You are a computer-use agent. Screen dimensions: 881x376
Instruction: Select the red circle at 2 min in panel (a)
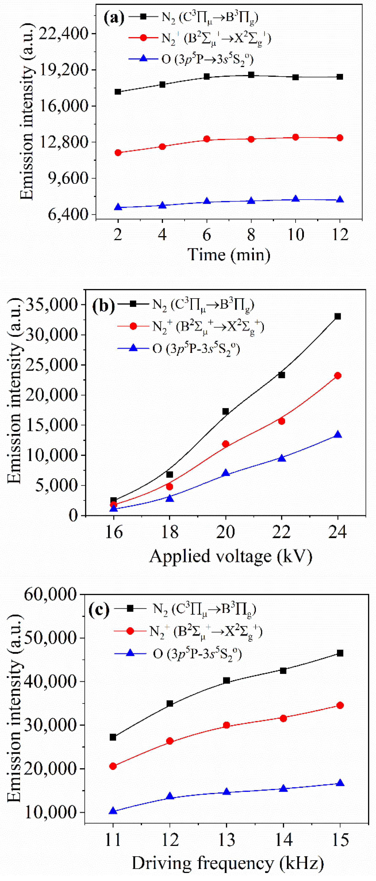tap(118, 153)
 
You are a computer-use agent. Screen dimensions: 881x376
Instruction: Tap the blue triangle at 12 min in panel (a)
tap(340, 199)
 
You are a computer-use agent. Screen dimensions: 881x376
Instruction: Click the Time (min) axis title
tap(229, 255)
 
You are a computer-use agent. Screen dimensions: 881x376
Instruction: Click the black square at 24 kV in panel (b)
tap(338, 316)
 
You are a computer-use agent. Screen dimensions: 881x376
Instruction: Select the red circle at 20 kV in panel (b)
tap(226, 444)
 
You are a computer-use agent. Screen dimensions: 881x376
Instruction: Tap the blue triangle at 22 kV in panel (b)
tap(282, 458)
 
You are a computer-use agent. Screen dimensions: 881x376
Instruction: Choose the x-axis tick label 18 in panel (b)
tap(170, 532)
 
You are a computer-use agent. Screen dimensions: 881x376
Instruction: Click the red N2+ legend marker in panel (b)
tap(133, 326)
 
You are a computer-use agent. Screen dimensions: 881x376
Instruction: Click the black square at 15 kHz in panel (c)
tap(340, 653)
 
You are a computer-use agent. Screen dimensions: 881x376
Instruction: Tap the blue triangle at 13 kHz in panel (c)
tap(226, 792)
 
